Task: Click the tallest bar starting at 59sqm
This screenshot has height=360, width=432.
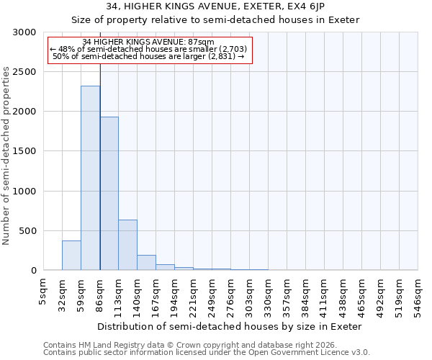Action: (90, 178)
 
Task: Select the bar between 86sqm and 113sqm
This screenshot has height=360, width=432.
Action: (109, 193)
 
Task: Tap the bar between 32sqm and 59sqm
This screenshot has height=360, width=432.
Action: (71, 255)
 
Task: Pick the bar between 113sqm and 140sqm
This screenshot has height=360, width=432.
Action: (127, 245)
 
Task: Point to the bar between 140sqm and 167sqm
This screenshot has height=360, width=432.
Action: (146, 263)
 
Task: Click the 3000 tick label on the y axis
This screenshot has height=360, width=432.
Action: (24, 32)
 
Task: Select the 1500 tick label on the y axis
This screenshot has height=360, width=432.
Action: (24, 151)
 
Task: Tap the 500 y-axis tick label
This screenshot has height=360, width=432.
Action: (27, 231)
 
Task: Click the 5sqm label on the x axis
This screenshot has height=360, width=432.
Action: (43, 291)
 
